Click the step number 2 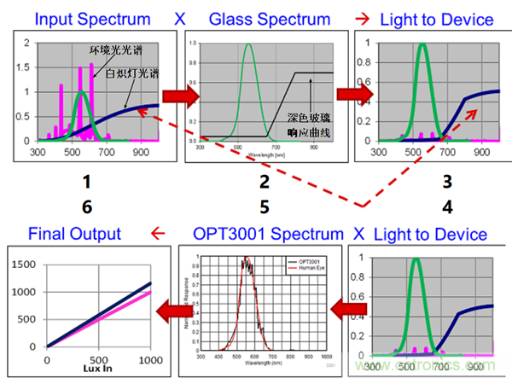pos(264,182)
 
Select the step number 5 pos(264,206)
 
